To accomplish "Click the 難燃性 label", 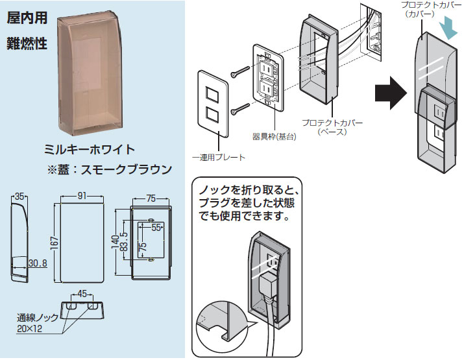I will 27,44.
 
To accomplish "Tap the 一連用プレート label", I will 218,157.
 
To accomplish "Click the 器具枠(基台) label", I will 275,137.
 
